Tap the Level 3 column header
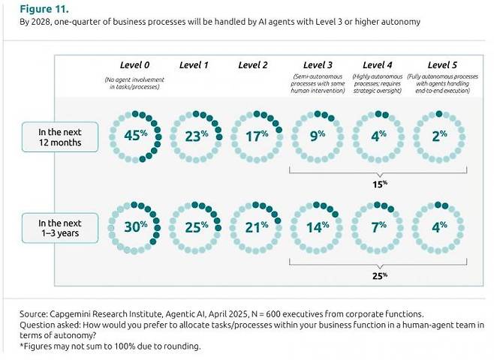tap(318, 64)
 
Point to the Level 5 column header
tap(443, 64)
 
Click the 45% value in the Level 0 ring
tap(135, 136)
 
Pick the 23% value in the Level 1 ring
tap(196, 136)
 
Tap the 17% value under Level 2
tap(256, 136)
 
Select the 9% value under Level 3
tap(318, 136)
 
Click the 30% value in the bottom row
tap(135, 226)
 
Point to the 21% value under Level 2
tap(256, 226)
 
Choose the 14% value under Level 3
tap(318, 226)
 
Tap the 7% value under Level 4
tap(380, 226)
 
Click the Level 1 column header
tap(195, 64)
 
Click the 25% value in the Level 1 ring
tap(196, 226)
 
